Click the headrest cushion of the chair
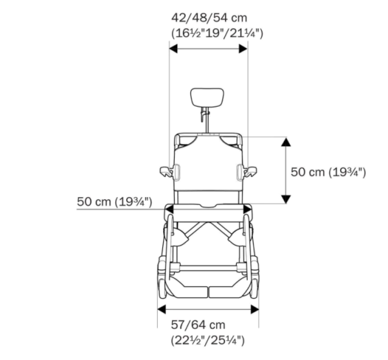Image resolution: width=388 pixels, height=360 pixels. [x=208, y=98]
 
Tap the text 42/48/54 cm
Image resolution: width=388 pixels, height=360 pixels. [x=210, y=17]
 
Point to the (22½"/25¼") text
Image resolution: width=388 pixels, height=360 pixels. [x=207, y=339]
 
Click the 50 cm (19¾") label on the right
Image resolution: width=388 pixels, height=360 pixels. [x=329, y=172]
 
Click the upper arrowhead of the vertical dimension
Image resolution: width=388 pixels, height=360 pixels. [x=284, y=141]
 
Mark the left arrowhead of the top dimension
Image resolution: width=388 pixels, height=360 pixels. [x=173, y=48]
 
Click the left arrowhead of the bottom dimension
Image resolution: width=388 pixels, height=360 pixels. [x=162, y=309]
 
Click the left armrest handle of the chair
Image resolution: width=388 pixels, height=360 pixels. [x=168, y=172]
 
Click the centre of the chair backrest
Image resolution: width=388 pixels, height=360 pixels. [x=208, y=165]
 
